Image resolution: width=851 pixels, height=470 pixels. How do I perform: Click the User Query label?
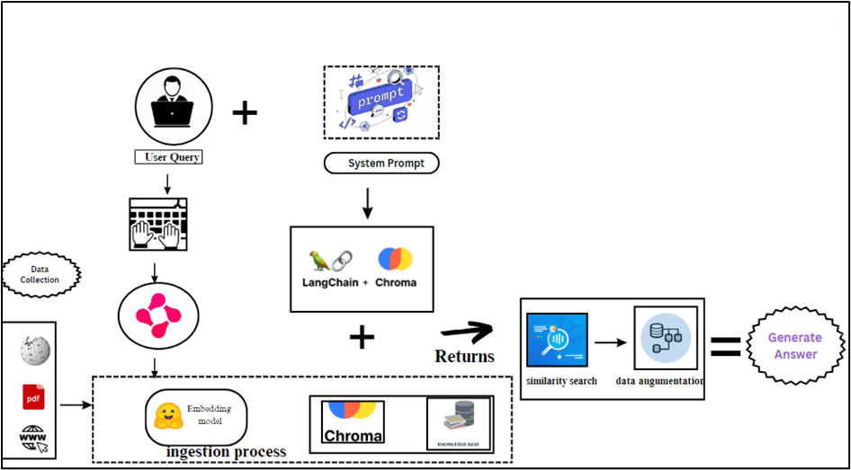coord(168,158)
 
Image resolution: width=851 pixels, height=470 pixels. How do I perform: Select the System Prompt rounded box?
coord(381,164)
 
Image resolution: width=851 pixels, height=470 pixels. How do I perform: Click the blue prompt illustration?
coord(381,102)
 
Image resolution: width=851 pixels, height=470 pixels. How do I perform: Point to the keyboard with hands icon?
coord(158,224)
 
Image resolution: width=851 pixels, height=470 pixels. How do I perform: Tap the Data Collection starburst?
coord(41,275)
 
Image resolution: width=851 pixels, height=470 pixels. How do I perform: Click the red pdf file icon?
coord(33,397)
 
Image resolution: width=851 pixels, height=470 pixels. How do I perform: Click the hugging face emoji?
coord(167,417)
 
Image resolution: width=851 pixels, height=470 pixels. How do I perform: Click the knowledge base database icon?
coord(459,423)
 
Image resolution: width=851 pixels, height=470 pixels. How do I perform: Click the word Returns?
coord(464,356)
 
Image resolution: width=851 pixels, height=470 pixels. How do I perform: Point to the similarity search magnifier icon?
coord(558,341)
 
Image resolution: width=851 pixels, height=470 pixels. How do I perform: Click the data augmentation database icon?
coord(666,337)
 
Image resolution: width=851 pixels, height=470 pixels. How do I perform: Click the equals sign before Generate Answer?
coord(726,346)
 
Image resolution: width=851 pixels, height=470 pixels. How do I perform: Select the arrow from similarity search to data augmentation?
coord(611,342)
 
